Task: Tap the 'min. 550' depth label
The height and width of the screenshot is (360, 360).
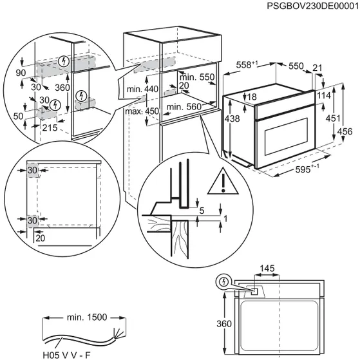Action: tap(195, 77)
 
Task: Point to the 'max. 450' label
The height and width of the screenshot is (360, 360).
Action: tap(142, 111)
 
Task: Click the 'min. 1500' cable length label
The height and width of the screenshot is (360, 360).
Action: tap(86, 317)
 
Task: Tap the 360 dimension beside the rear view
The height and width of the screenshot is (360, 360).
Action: tap(220, 324)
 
